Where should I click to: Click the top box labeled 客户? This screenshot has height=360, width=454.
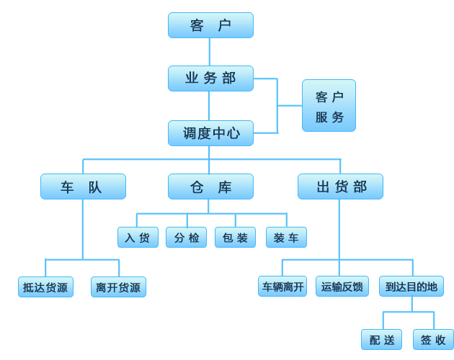coord(210,25)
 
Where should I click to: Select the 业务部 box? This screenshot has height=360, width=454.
coord(210,78)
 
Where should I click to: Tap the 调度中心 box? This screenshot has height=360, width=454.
coord(210,133)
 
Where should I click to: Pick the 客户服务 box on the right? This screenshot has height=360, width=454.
coord(329,106)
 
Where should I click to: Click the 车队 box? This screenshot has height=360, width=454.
coord(83,186)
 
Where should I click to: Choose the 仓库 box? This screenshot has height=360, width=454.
coord(210,186)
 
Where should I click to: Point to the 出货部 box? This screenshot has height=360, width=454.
coord(340,186)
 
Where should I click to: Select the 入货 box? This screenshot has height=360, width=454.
coord(138,238)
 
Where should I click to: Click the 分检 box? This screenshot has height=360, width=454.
coord(186,238)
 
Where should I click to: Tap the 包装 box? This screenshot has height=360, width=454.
coord(235,238)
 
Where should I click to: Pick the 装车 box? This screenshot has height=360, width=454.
coord(286,238)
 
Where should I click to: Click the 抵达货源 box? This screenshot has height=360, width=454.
coord(45,287)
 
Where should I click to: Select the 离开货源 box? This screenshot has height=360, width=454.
coord(118,287)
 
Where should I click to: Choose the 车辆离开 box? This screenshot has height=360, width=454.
coord(282,287)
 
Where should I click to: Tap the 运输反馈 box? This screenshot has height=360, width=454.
coord(342,287)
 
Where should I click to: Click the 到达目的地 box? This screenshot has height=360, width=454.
coord(411,287)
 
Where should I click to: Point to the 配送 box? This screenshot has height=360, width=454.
coord(381,340)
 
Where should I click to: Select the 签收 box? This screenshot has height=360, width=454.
coord(433,340)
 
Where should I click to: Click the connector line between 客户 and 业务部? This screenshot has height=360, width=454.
coord(210,52)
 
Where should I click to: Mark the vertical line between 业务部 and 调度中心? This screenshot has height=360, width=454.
coord(209,106)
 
